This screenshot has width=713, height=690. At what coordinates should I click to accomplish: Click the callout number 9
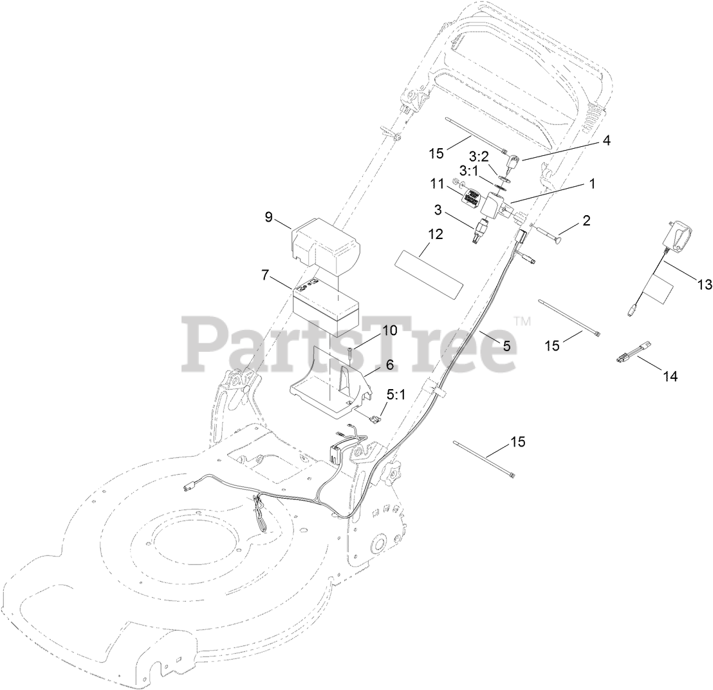pos(268,216)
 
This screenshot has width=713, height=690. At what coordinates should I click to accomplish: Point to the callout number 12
pos(436,235)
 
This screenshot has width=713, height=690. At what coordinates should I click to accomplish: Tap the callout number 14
pos(670,376)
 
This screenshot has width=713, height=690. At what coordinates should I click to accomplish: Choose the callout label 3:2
pos(479,157)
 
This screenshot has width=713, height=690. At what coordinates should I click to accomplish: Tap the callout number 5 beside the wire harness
pos(506,345)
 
